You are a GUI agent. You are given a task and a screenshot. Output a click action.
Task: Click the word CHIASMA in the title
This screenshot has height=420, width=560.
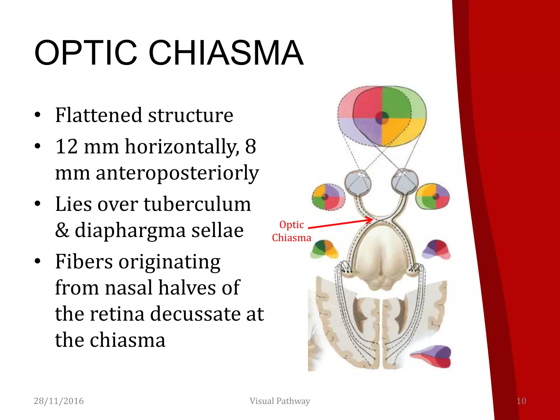226,53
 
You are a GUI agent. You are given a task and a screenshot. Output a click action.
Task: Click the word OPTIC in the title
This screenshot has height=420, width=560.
86,53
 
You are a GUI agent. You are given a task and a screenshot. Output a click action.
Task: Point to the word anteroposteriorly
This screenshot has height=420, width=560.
177,173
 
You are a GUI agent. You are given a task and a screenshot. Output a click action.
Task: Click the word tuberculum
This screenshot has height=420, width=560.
197,204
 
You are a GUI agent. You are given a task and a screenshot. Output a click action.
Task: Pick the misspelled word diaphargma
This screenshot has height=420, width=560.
130,230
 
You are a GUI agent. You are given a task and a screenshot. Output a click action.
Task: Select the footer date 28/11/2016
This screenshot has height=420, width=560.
59,401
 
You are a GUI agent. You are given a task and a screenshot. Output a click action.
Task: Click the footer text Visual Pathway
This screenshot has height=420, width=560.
280,401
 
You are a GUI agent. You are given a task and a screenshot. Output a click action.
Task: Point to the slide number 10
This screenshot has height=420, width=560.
521,401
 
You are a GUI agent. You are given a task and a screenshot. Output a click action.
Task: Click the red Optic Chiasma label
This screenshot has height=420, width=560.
291,231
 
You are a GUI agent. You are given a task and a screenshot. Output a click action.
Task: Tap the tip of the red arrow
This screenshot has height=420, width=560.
372,220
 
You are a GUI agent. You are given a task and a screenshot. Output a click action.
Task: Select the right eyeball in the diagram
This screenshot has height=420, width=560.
405,181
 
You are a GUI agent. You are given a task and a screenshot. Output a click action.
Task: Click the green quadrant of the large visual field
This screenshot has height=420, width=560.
396,103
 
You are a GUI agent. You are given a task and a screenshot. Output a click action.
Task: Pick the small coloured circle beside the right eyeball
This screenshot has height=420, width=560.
433,196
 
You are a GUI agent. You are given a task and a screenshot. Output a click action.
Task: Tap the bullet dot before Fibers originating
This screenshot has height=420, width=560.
37,261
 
